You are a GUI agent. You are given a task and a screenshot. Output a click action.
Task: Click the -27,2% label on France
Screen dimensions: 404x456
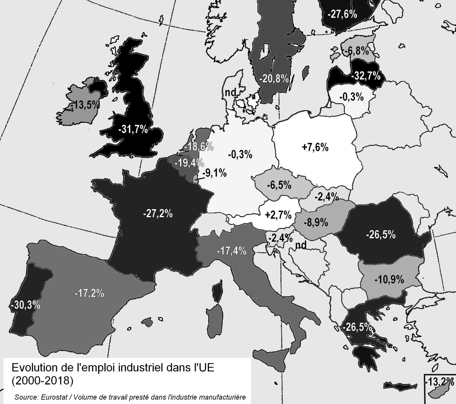pos(158,214)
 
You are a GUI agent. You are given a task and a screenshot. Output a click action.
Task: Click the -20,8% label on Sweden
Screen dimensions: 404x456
pos(274,79)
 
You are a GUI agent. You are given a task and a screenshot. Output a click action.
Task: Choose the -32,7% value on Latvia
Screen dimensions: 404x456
pos(366,76)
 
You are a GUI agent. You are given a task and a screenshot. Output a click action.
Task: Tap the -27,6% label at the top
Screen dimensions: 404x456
pos(342,14)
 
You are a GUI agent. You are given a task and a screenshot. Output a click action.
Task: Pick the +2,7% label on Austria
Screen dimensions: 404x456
pos(279,215)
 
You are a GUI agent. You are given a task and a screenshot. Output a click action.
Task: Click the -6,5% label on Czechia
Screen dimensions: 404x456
pos(279,185)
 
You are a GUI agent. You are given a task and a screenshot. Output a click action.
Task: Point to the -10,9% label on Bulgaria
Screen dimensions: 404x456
pos(389,280)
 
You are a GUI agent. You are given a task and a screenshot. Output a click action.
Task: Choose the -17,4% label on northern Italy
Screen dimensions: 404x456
pos(231,251)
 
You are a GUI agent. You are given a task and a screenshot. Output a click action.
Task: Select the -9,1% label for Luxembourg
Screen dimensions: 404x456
pos(215,173)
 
